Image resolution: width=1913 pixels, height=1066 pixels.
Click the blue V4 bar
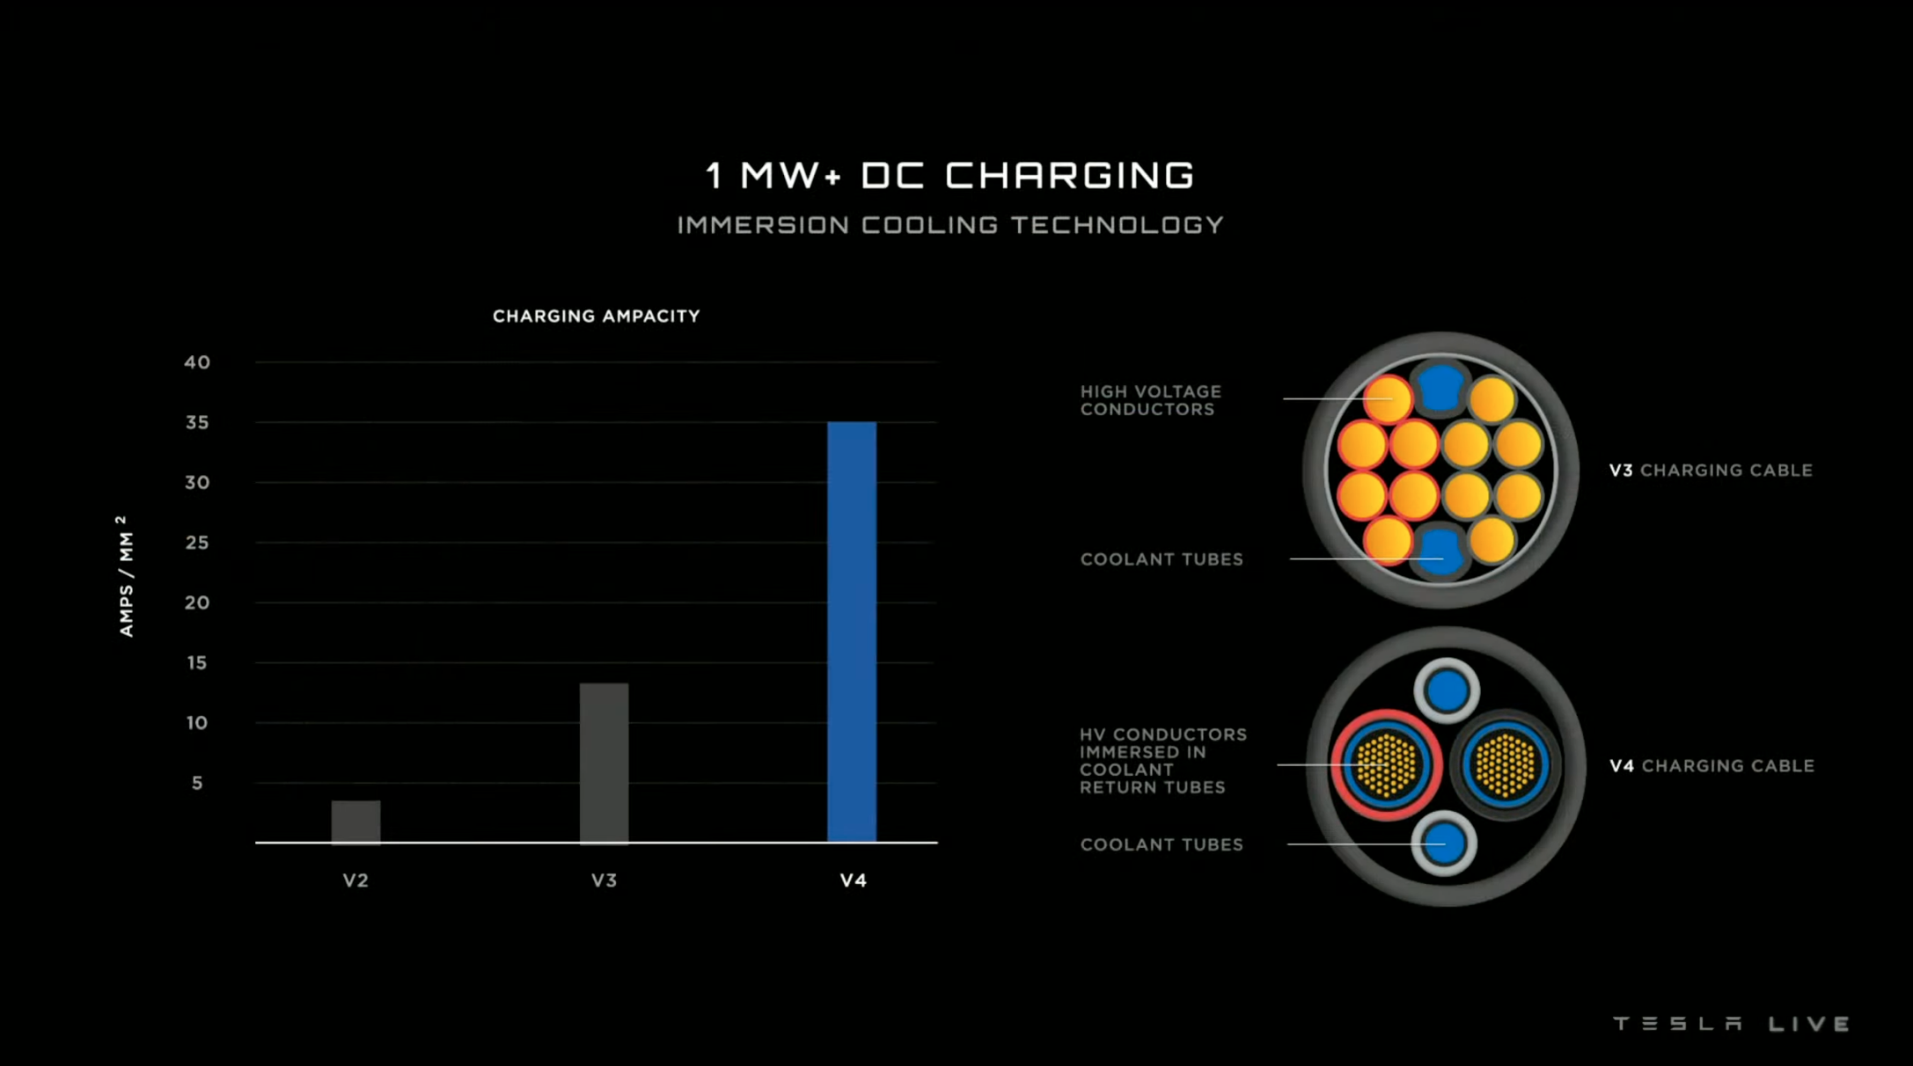[851, 632]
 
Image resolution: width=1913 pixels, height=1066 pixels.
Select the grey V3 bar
[604, 763]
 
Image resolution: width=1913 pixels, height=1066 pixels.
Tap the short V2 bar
[355, 821]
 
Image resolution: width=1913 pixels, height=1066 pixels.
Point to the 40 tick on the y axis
[197, 362]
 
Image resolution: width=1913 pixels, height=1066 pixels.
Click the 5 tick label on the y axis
[197, 783]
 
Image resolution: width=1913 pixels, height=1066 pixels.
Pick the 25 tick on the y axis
[197, 543]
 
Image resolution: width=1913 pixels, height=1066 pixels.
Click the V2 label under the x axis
[355, 880]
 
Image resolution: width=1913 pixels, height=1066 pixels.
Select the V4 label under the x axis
[853, 880]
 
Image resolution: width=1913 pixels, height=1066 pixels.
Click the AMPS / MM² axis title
[126, 576]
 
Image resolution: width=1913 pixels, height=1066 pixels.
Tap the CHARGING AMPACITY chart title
[596, 317]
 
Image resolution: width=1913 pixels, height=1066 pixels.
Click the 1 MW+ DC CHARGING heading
[950, 175]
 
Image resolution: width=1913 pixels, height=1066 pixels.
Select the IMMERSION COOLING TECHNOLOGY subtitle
[950, 225]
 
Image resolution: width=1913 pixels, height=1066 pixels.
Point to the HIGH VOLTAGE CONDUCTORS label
[1150, 400]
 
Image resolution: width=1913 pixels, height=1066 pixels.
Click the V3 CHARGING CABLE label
[1711, 471]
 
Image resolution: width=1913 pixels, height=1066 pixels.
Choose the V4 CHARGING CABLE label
[1711, 766]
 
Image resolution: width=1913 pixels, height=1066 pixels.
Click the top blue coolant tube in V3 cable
[1440, 387]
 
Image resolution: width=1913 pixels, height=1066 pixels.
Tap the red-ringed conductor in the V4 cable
[1387, 764]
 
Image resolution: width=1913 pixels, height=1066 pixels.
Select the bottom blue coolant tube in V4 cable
[1444, 843]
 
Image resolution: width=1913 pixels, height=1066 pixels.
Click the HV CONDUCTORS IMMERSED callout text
[1162, 761]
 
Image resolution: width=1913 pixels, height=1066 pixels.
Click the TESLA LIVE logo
[1731, 1024]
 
